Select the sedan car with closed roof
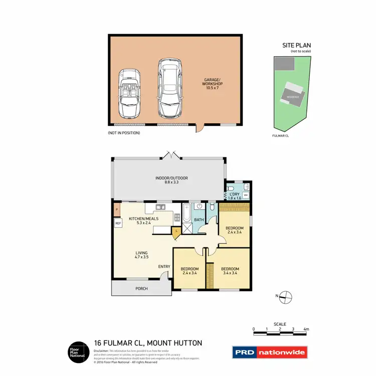[x=168, y=88]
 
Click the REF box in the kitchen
[x=118, y=224]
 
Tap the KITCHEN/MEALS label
[x=144, y=221]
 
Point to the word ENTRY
[x=164, y=266]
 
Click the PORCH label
[x=142, y=288]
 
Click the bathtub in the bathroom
[x=186, y=214]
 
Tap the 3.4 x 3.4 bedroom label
[x=230, y=271]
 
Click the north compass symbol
[x=285, y=297]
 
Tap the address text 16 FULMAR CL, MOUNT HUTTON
[x=148, y=343]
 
